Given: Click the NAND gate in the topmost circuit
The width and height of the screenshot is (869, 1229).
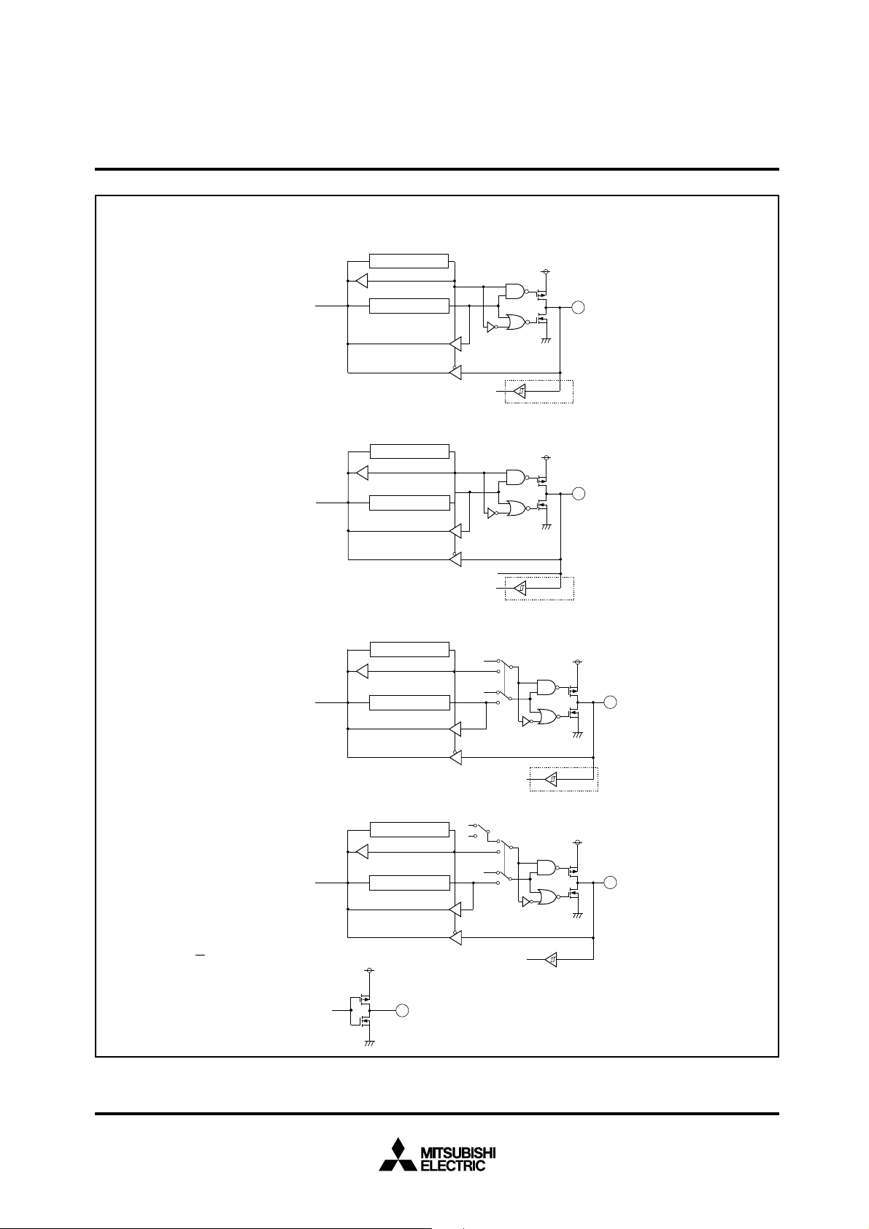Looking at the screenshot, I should coord(516,291).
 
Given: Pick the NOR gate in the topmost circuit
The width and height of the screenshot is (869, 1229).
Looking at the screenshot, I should coord(516,322).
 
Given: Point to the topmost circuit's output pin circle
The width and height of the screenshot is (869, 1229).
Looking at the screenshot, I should coord(578,308).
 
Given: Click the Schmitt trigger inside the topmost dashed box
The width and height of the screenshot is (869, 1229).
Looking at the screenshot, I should coord(520,392).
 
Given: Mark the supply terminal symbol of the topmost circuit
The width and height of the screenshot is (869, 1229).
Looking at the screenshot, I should coord(546,271).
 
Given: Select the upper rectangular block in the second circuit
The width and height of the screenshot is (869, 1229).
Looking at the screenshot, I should coord(409,451).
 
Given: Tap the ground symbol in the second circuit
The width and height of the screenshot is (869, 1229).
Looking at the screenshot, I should coord(546,527).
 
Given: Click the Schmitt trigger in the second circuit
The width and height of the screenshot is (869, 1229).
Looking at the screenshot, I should coord(520,587).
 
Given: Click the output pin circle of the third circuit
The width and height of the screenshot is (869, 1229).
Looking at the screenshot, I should coord(611,702).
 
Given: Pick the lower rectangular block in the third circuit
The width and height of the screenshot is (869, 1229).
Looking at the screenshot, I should coord(409,702).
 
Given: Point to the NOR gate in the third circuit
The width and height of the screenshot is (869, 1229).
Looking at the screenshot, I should coord(547,718).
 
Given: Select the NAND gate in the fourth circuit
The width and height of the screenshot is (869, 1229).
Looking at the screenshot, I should coord(547,867).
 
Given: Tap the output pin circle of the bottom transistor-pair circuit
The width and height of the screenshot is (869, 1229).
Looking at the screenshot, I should coord(401,1010).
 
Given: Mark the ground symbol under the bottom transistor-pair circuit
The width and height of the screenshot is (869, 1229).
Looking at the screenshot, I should coord(369,1044).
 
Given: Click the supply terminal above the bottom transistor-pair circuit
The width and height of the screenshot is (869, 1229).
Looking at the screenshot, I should coord(369,970).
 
